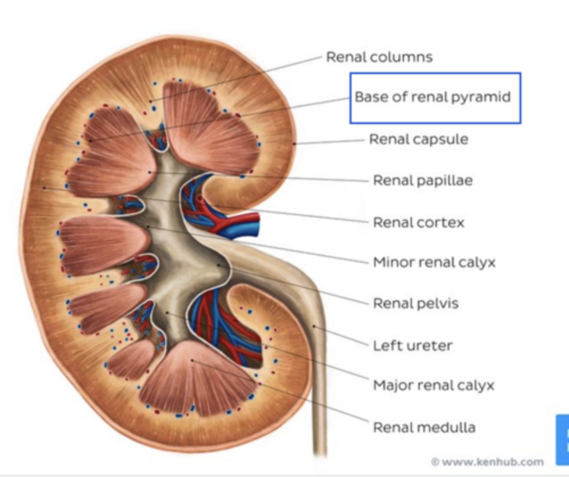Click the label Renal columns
[x=379, y=57]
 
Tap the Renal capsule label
[x=418, y=139]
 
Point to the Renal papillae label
[x=423, y=180]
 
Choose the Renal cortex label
[x=418, y=222]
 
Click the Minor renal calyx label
[x=434, y=262]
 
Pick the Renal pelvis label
[x=416, y=304]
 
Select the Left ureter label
[x=412, y=345]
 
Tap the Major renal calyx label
[x=433, y=385]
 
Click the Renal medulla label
[x=424, y=427]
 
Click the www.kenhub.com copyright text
[x=488, y=462]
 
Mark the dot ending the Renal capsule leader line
[x=294, y=144]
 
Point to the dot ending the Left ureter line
[x=314, y=326]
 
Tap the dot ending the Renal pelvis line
[x=218, y=265]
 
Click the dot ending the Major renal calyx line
[x=167, y=313]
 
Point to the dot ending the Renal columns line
[x=151, y=102]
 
